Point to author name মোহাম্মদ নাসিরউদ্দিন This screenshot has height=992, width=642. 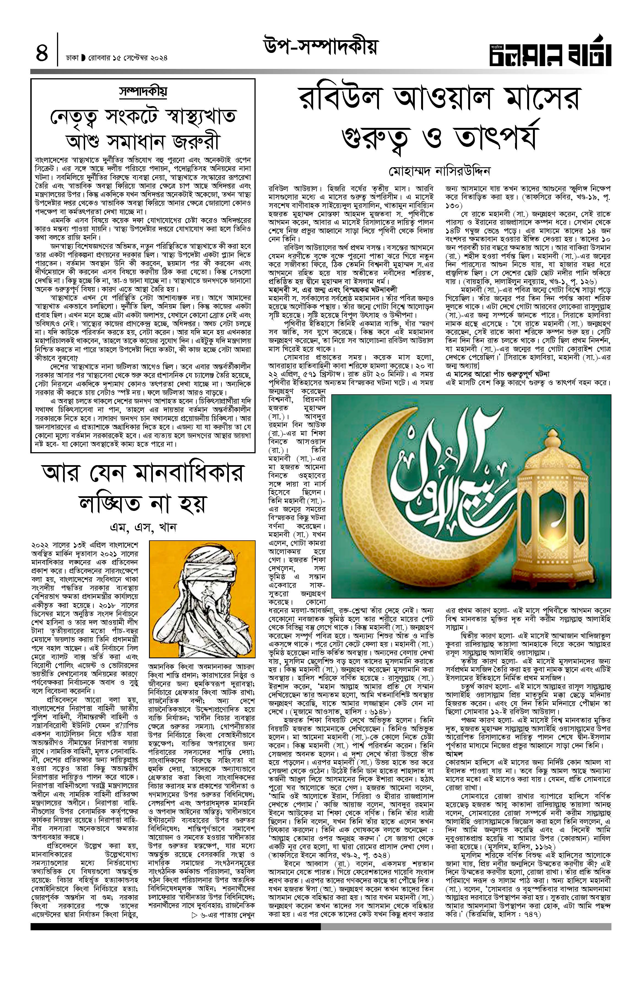coord(440,171)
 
